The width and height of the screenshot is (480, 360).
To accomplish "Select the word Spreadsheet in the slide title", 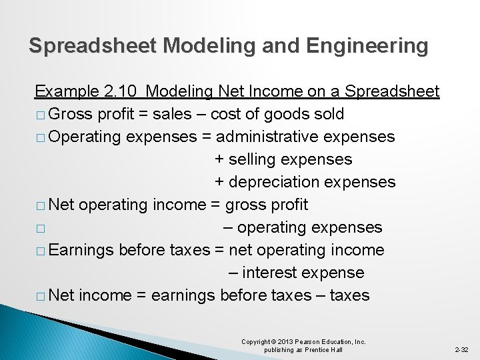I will click(93, 45).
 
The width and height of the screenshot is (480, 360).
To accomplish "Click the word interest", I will click(269, 273).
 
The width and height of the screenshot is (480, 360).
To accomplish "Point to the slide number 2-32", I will click(461, 349).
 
